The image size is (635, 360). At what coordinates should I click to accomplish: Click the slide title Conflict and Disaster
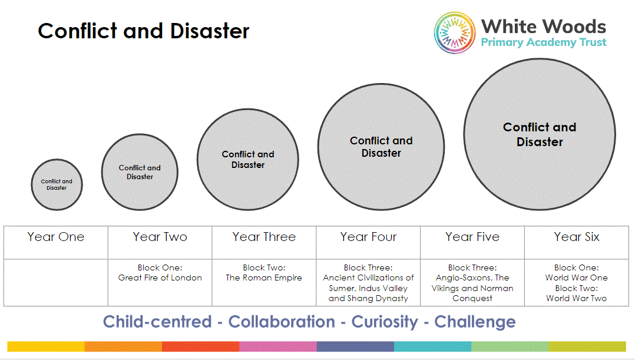click(x=143, y=31)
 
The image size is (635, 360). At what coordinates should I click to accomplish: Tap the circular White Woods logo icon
click(x=455, y=32)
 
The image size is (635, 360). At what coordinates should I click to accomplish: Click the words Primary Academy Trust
click(x=543, y=42)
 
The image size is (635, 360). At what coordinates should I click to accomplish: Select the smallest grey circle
click(x=57, y=184)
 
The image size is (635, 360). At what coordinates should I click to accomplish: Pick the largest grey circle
click(x=539, y=134)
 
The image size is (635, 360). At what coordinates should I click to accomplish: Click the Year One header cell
click(x=56, y=237)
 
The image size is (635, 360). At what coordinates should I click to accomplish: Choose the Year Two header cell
click(x=160, y=237)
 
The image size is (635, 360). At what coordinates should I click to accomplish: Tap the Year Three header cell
click(x=264, y=237)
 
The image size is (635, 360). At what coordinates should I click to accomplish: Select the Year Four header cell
click(x=368, y=237)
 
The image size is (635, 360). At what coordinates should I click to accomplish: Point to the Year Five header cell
click(x=472, y=237)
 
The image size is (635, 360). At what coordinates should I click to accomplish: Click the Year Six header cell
click(x=577, y=237)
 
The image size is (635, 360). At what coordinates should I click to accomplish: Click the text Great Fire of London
click(x=160, y=278)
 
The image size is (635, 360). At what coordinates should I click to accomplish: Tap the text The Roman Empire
click(x=264, y=278)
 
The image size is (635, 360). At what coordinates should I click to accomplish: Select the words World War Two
click(x=576, y=298)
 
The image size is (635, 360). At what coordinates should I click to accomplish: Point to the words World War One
click(x=576, y=278)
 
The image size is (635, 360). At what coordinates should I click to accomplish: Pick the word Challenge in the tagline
click(x=475, y=322)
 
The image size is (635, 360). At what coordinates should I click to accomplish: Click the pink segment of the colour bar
click(x=277, y=346)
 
